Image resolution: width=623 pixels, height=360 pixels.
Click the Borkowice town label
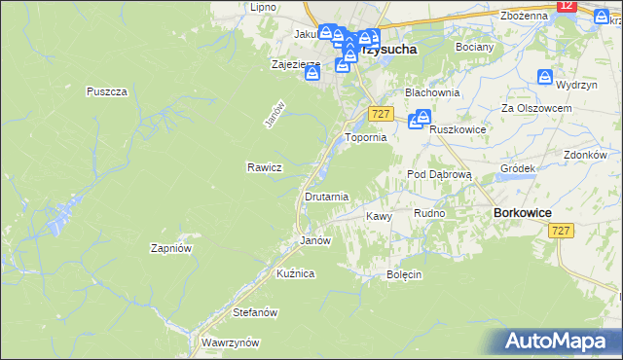point(523,212)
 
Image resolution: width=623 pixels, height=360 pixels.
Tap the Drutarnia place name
point(326,197)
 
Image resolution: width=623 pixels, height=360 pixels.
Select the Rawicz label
point(264,166)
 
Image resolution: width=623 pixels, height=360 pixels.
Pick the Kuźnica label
point(295,273)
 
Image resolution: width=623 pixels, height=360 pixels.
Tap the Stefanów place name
point(256,312)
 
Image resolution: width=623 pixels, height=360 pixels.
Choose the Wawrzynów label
point(230,342)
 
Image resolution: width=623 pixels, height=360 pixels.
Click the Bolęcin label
point(403,274)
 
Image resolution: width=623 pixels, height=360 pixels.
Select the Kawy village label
point(378,216)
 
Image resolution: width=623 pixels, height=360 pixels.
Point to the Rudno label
point(429,213)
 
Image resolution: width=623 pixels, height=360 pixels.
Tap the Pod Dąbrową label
point(439,174)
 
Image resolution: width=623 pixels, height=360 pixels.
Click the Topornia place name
point(367,138)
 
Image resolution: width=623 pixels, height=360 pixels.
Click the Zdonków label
point(585,155)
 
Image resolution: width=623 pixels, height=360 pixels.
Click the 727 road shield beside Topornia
point(381,115)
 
